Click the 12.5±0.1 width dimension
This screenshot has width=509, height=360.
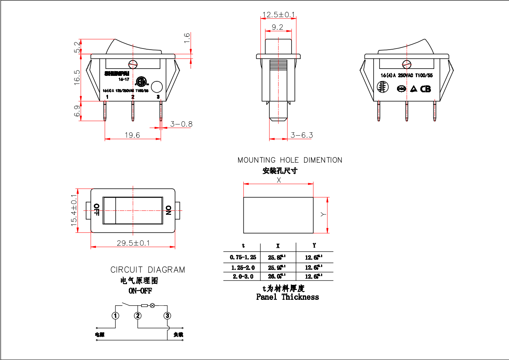point(278,15)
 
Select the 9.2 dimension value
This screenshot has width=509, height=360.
point(277,27)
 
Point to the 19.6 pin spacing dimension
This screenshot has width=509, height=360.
point(132,135)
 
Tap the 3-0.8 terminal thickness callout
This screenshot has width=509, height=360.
point(181,124)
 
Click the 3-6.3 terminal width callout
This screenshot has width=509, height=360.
point(302,135)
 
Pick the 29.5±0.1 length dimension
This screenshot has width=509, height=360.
point(133,243)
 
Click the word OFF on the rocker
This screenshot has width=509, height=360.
point(96,210)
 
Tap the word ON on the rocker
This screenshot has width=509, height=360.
point(168,210)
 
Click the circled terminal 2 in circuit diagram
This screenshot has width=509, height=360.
point(138,316)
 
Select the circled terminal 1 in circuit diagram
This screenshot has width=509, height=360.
point(116,316)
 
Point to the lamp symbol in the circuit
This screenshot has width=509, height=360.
point(153,305)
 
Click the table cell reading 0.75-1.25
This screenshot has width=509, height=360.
point(243,257)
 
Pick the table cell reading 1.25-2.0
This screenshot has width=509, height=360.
point(243,267)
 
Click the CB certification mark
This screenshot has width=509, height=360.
point(425,89)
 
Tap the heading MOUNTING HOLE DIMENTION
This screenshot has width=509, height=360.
point(290,160)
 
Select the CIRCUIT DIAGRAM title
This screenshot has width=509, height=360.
point(148,270)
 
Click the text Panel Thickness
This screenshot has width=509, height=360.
point(288,297)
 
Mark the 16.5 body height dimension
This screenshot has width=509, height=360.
point(77,77)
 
